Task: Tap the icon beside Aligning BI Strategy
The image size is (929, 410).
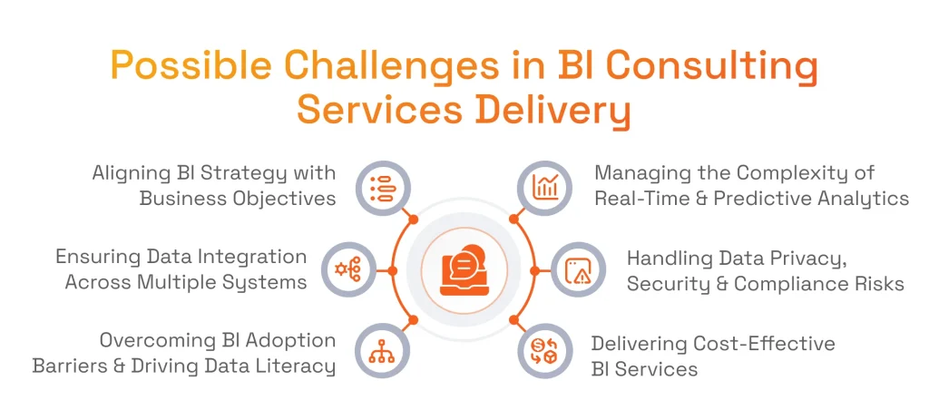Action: coord(381,187)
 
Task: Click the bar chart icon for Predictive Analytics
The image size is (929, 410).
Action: coord(545,187)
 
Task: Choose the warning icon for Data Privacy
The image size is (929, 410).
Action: coord(578,269)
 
